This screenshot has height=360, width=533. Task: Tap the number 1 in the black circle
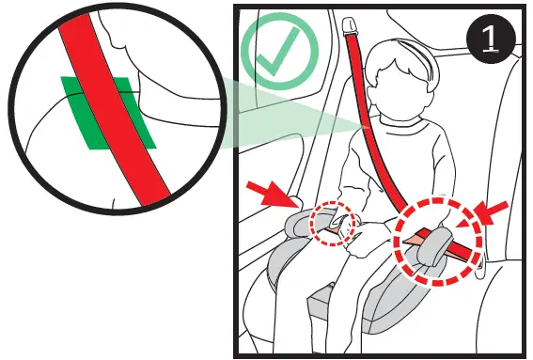click(491, 39)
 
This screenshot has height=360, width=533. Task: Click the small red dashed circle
click(336, 223)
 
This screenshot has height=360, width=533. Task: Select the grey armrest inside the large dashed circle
click(432, 250)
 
